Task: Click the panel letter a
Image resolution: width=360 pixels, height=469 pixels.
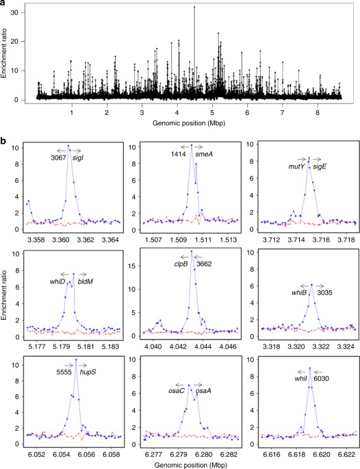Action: coord(3,2)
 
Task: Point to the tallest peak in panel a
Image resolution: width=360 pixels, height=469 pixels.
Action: coord(194,7)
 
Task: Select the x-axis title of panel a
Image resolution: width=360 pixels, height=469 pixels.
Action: coord(189,123)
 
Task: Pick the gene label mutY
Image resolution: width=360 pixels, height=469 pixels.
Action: coord(296,167)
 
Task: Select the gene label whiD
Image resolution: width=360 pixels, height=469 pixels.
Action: coord(57,281)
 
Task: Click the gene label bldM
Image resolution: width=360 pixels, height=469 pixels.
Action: coord(86,281)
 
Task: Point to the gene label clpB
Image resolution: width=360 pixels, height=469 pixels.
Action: coord(181,264)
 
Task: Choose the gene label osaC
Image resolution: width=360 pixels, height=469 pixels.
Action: coord(177,391)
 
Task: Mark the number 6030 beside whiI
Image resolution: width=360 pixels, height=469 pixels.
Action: coord(321,379)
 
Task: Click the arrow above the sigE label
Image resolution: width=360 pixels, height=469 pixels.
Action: coord(317,159)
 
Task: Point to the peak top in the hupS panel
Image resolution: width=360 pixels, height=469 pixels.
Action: coord(76,359)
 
